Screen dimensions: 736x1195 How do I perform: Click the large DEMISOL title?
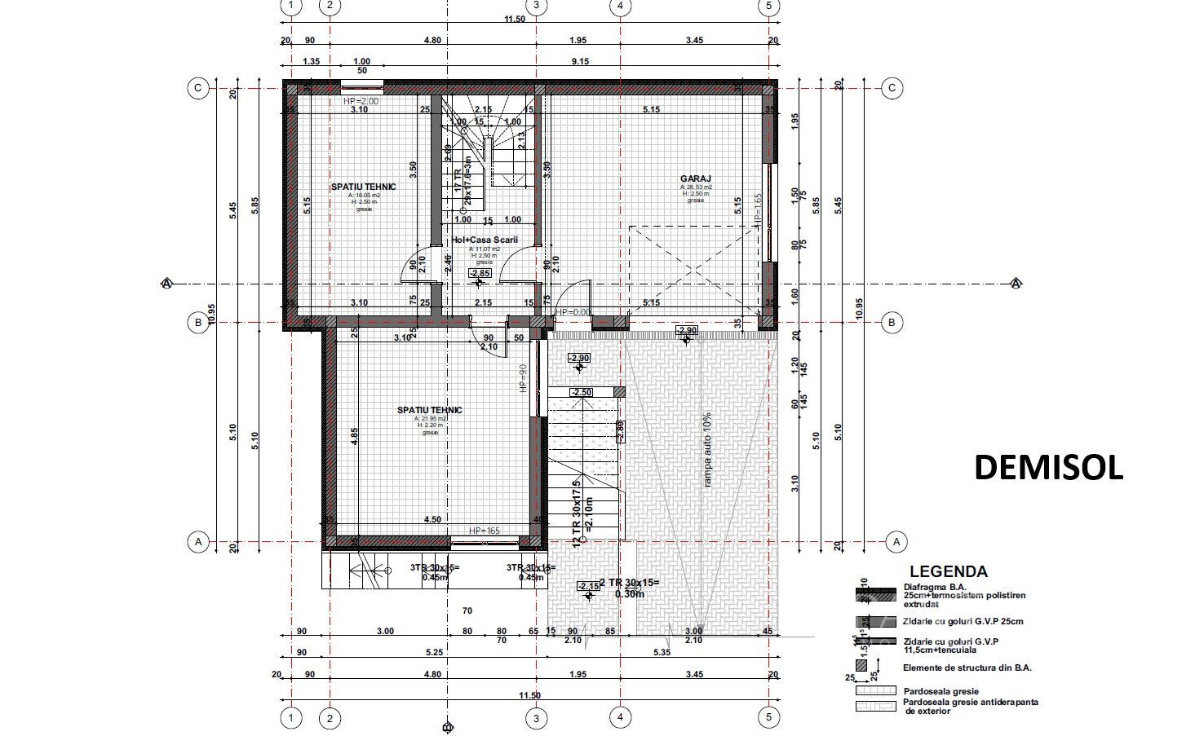click(1048, 468)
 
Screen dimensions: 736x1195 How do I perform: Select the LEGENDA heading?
click(948, 572)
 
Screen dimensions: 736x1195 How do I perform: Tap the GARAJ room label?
click(696, 178)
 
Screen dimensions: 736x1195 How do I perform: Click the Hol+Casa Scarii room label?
click(485, 240)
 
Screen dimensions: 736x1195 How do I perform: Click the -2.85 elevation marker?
click(480, 274)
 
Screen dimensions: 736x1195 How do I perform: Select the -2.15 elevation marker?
click(588, 586)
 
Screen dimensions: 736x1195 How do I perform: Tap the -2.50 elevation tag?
click(582, 393)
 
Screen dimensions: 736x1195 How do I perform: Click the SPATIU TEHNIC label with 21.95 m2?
click(429, 410)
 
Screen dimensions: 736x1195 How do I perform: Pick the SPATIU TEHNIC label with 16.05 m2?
click(363, 187)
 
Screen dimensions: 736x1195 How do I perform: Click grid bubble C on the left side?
click(197, 88)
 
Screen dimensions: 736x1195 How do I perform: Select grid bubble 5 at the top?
click(768, 7)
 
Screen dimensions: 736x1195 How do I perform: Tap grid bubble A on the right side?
click(896, 541)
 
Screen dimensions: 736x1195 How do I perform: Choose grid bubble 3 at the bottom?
click(536, 718)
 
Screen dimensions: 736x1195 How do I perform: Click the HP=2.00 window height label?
click(361, 101)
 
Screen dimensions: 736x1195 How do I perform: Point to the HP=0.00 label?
click(573, 312)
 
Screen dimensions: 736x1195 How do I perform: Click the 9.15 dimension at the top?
click(580, 61)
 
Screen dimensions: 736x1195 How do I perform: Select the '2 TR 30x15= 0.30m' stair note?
click(629, 588)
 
